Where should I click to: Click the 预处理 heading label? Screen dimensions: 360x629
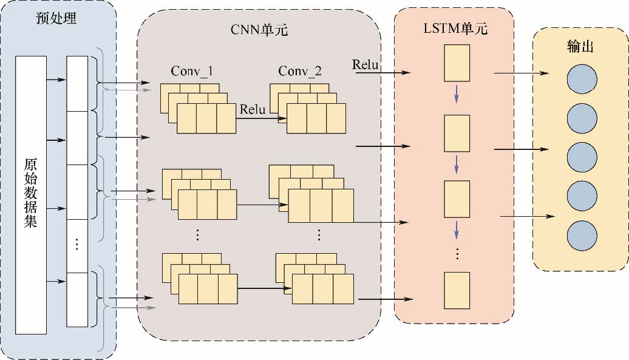tap(56, 18)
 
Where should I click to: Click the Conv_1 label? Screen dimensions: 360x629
tap(192, 72)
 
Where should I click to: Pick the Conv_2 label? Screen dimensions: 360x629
tap(300, 72)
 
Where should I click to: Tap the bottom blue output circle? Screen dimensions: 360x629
tap(582, 234)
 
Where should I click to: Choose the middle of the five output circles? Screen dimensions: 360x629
tap(582, 157)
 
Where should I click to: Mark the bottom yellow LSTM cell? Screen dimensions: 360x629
tap(457, 291)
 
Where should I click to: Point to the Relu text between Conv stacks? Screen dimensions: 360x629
tap(253, 110)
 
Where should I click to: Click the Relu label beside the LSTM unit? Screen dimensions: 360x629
tap(365, 65)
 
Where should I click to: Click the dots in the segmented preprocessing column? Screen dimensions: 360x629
tap(76, 245)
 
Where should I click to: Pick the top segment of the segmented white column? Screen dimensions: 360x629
tap(77, 84)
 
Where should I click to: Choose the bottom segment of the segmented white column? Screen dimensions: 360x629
tap(77, 300)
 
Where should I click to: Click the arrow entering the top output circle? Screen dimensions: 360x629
tap(522, 73)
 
